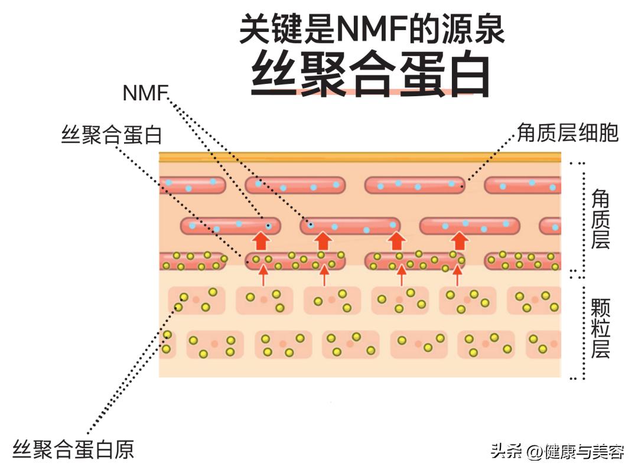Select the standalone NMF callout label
tap(145, 93)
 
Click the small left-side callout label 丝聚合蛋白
tap(112, 135)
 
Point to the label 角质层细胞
tap(567, 133)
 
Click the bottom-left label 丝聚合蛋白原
tap(74, 449)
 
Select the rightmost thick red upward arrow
tap(460, 241)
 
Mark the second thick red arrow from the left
tap(323, 241)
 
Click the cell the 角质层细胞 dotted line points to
tap(414, 185)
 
